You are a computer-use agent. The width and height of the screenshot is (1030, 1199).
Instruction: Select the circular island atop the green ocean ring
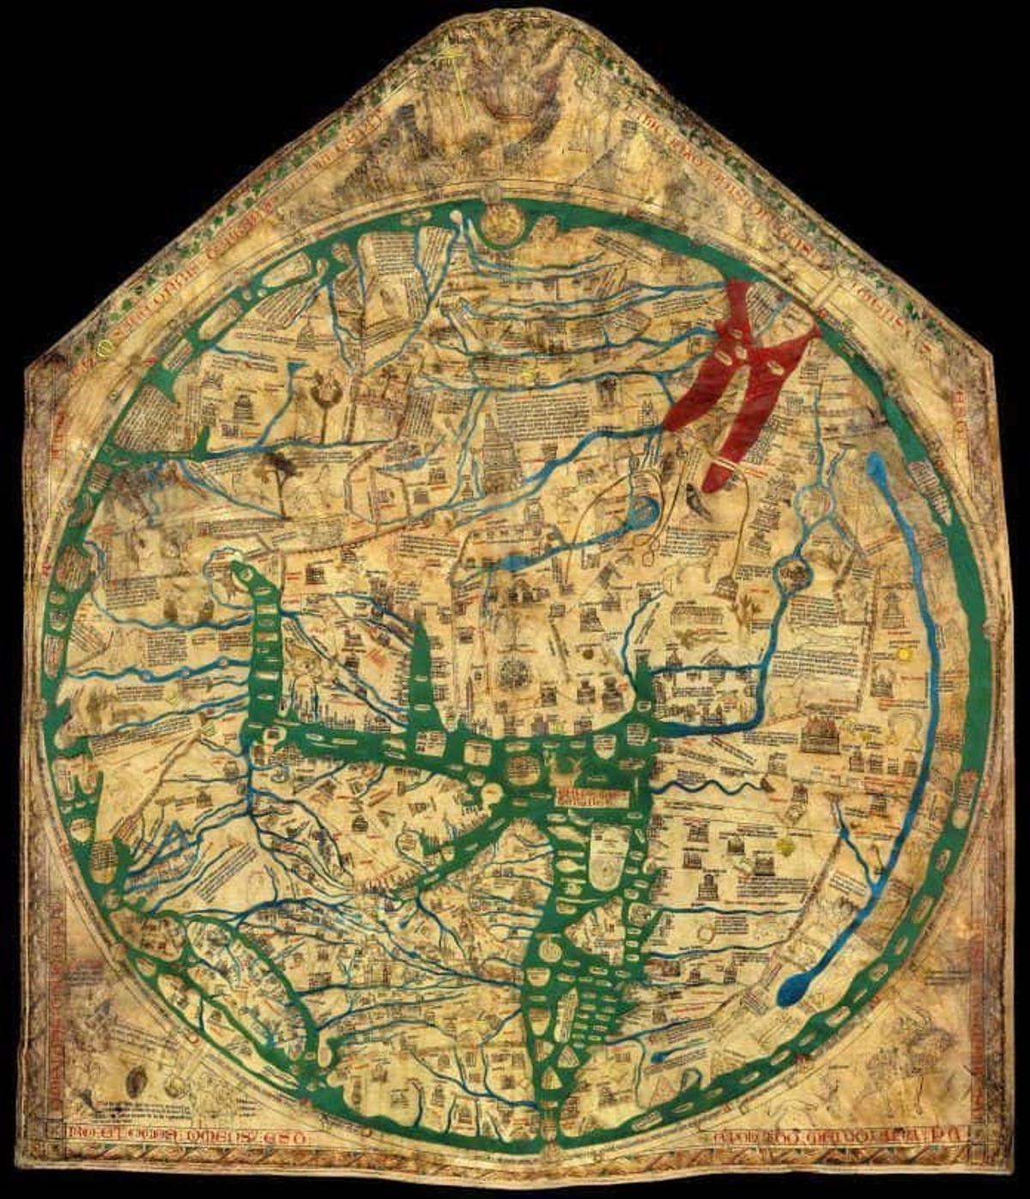pos(502,221)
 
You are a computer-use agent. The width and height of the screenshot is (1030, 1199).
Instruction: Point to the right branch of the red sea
pos(777,378)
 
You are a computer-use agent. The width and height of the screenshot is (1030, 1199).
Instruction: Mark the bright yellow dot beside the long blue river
pos(902,654)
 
